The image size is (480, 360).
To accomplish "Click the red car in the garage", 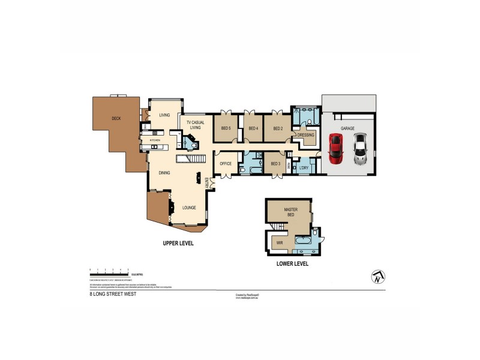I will pyautogui.click(x=335, y=148).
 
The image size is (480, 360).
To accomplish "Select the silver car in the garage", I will pyautogui.click(x=360, y=149).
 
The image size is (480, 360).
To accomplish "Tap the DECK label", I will pyautogui.click(x=116, y=118).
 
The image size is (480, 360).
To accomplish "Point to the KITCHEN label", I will pyautogui.click(x=155, y=140).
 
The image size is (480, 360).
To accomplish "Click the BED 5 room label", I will pyautogui.click(x=226, y=128).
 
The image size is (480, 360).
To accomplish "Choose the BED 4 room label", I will pyautogui.click(x=253, y=128).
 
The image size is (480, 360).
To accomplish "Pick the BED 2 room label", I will pyautogui.click(x=278, y=128).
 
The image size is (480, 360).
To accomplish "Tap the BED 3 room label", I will pyautogui.click(x=275, y=163).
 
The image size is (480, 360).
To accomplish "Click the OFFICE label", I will pyautogui.click(x=226, y=163).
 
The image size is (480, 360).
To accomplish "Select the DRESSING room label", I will pyautogui.click(x=306, y=135).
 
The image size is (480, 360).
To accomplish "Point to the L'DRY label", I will pyautogui.click(x=303, y=168).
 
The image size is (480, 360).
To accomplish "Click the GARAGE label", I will pyautogui.click(x=347, y=128).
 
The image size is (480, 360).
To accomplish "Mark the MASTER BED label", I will pyautogui.click(x=291, y=212).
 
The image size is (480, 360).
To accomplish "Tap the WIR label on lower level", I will pyautogui.click(x=280, y=243).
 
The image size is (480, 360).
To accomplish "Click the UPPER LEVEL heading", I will pyautogui.click(x=178, y=244).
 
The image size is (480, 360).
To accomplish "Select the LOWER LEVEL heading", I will pyautogui.click(x=292, y=263).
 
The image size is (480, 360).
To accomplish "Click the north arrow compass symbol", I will pyautogui.click(x=378, y=276).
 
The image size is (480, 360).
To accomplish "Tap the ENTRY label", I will pyautogui.click(x=206, y=182).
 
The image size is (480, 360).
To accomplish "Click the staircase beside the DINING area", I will pyautogui.click(x=190, y=158).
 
